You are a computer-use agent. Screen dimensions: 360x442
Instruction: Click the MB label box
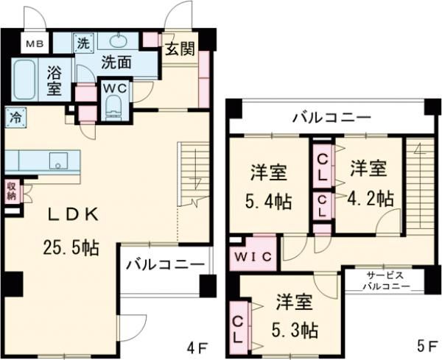click(35, 44)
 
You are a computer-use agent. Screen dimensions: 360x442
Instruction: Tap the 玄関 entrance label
click(179, 50)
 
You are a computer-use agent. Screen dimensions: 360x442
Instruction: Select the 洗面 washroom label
click(116, 63)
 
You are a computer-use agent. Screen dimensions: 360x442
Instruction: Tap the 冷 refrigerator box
click(15, 116)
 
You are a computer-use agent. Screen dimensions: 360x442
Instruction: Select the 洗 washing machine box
click(83, 43)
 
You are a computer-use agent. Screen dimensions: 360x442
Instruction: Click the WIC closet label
click(254, 256)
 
